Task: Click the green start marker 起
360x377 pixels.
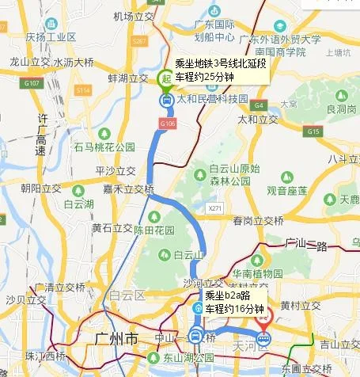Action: click(x=165, y=78)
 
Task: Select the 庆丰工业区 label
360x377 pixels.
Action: click(x=51, y=36)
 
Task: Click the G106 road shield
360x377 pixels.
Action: click(x=167, y=124)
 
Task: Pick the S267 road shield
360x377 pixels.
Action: click(x=140, y=40)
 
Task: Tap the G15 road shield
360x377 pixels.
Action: click(x=314, y=131)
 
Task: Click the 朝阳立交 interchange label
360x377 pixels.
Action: click(x=44, y=188)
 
